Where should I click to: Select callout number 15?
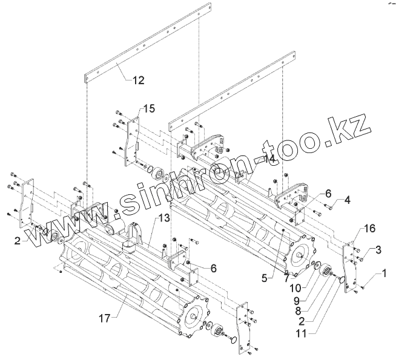[x=148, y=109]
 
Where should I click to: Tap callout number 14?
[x=269, y=159]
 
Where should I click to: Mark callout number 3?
[x=377, y=249]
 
